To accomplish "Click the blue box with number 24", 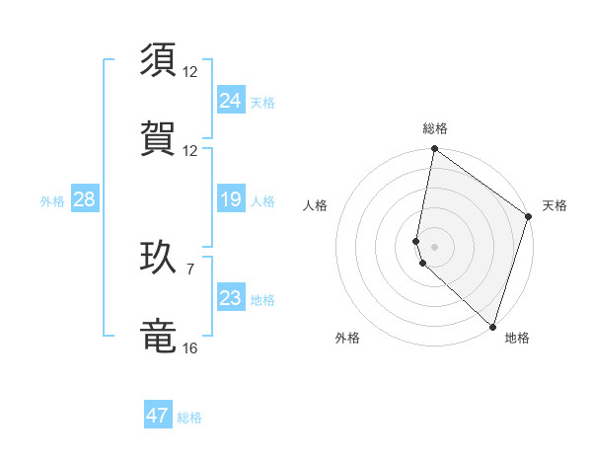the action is pos(231,101).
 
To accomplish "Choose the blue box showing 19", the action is pos(231,200).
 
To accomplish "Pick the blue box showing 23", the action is pos(231,298).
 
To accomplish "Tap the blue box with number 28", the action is pos(84,200).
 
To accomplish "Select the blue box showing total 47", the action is pos(158,416).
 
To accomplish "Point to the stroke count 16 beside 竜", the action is pos(190,348).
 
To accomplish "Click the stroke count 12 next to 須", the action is pos(190,72).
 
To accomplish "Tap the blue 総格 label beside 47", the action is pos(189,418).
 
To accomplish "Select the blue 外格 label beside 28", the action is pos(52,201).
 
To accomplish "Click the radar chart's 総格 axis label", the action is pos(435,128).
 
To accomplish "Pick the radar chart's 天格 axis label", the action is pos(555,206).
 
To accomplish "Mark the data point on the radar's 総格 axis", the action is pos(434,150).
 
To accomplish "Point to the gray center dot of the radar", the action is pos(434,246).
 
